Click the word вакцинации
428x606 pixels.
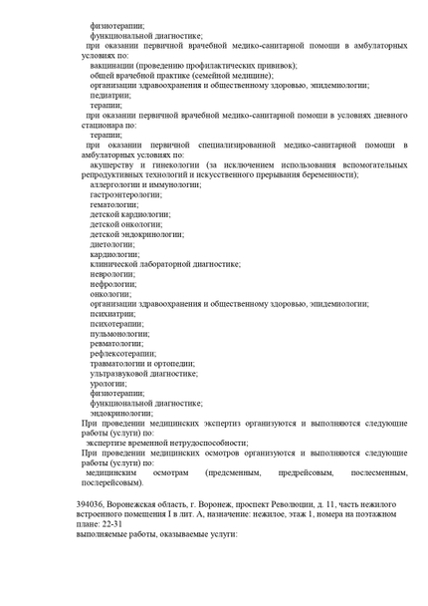(x=114, y=65)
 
